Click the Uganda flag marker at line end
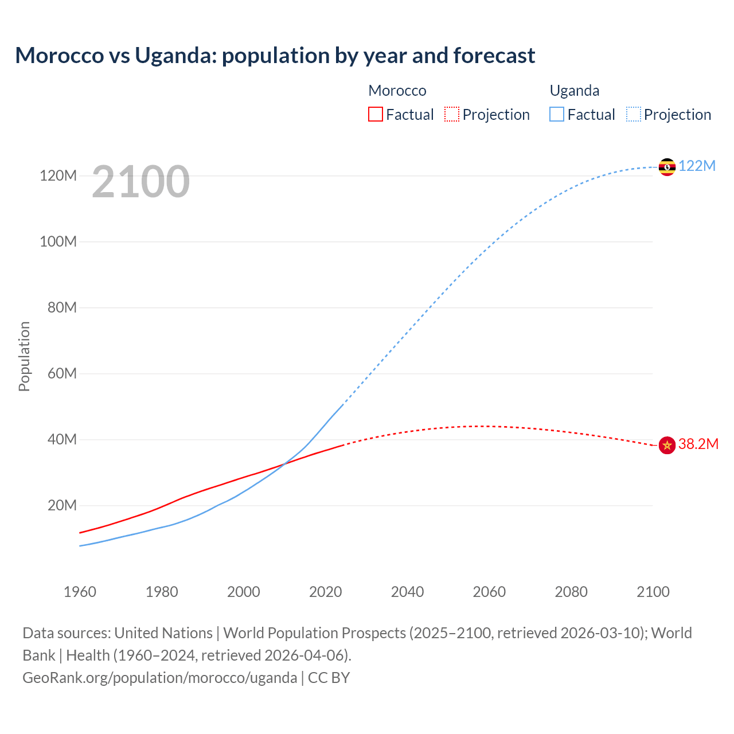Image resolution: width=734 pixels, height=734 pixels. (667, 167)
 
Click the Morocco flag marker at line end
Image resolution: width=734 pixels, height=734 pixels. (667, 445)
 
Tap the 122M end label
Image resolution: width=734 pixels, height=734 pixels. (697, 166)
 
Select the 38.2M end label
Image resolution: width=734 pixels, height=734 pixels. (698, 444)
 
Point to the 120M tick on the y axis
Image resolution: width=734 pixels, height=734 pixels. (58, 175)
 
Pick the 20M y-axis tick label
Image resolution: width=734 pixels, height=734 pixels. (62, 506)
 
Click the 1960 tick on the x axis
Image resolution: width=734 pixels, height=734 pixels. (80, 592)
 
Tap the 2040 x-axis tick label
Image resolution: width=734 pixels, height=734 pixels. (407, 592)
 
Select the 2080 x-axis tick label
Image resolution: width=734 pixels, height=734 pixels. (571, 592)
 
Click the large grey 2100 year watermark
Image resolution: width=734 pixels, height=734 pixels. (140, 182)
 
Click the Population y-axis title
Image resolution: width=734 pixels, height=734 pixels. (24, 356)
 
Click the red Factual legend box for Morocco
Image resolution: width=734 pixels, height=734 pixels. (375, 114)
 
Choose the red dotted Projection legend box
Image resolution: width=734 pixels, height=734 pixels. (452, 114)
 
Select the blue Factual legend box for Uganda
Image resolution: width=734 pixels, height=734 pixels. (557, 114)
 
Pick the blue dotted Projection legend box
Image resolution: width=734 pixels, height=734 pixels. (634, 114)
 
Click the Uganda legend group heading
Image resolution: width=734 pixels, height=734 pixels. (574, 91)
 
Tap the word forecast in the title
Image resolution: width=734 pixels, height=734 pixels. (494, 56)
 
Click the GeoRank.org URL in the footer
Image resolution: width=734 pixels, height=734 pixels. (160, 678)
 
